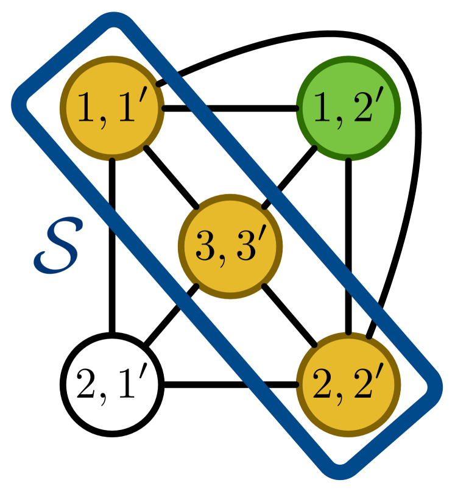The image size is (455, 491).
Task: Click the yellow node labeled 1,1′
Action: pos(112,108)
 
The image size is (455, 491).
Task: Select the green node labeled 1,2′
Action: pos(348,108)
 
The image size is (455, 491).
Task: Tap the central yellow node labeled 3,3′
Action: pos(230,246)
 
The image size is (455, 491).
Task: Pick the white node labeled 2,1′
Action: pos(112,384)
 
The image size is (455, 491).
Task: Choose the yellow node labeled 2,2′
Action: pos(348,384)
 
